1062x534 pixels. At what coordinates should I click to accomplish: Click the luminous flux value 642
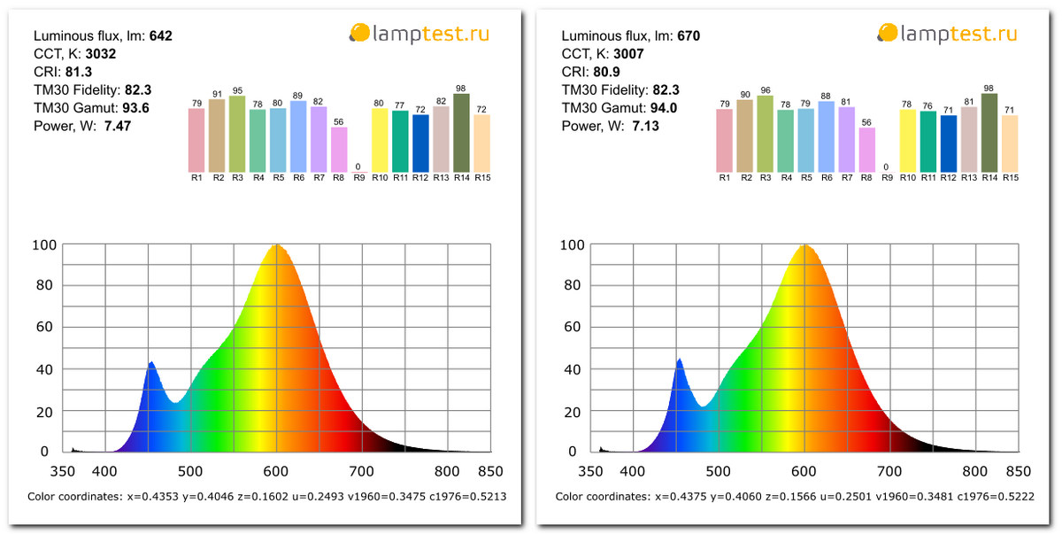160,36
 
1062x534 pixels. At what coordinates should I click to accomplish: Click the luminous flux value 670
689,36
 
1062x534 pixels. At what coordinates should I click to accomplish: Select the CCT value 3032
101,54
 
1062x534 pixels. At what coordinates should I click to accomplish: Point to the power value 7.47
117,126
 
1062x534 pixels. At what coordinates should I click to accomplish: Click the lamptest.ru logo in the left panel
419,34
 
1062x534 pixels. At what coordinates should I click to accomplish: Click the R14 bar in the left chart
461,133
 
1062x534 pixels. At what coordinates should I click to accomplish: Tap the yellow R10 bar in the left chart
380,140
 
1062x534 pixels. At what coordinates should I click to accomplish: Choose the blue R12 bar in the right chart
949,143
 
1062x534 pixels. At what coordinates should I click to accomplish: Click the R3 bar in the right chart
766,134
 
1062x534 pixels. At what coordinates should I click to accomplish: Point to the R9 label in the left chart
358,178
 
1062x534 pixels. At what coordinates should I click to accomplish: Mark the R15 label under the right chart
1010,178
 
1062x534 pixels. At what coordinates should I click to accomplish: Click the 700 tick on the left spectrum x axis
362,471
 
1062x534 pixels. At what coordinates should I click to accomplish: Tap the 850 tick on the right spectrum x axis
1019,471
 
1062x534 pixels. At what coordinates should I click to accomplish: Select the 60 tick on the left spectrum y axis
42,327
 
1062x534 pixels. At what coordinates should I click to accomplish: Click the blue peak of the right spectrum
680,360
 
